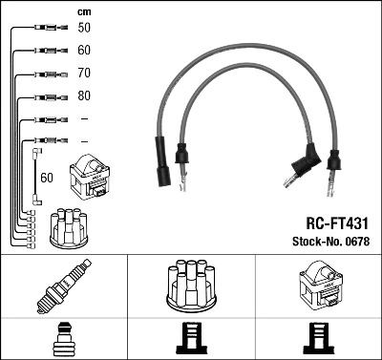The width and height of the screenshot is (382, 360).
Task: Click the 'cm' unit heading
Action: click(x=84, y=11)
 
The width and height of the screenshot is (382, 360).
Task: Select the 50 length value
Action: click(x=84, y=29)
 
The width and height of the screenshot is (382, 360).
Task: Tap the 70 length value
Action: click(x=84, y=73)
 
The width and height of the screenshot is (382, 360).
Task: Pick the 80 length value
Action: click(x=84, y=95)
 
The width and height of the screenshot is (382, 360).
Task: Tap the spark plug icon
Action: click(x=62, y=286)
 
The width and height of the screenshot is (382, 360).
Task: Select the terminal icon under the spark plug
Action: click(x=62, y=337)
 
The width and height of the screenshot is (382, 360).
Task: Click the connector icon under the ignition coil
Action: click(x=317, y=337)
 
